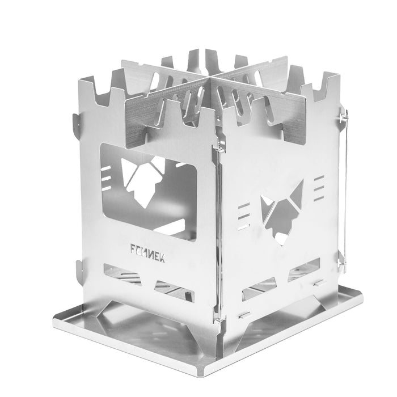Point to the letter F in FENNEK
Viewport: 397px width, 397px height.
[133, 248]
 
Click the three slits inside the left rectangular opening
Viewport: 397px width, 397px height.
[106, 178]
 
